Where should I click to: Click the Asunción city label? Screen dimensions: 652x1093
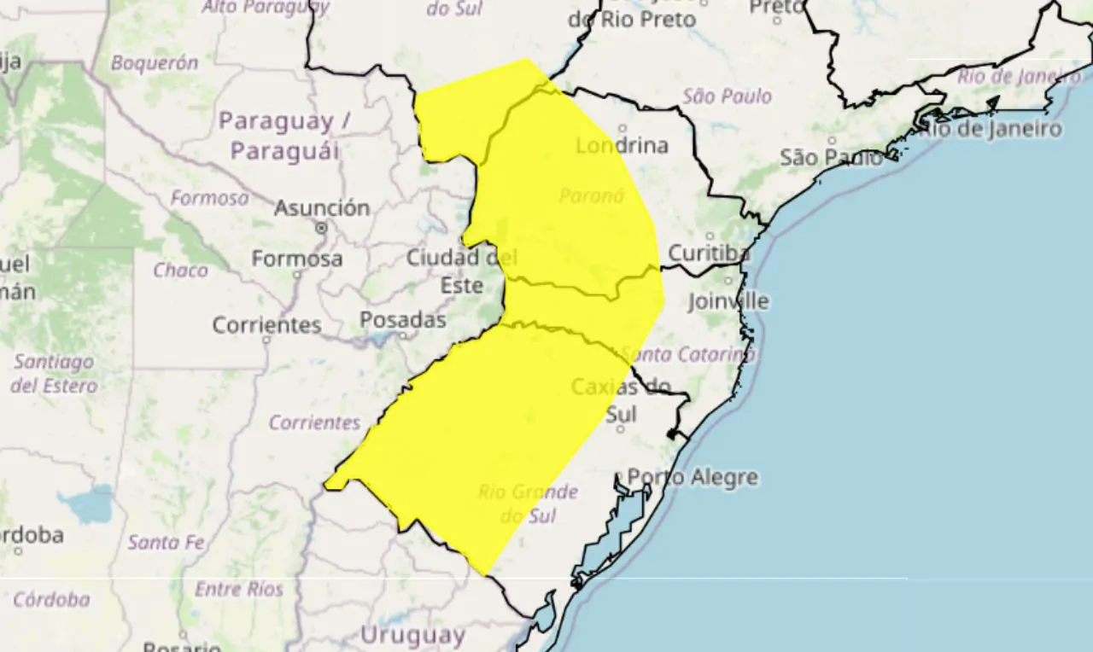322,207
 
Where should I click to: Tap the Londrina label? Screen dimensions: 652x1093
622,146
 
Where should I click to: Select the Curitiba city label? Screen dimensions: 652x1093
709,253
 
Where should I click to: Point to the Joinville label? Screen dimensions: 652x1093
728,301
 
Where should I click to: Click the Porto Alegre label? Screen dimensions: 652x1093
693,477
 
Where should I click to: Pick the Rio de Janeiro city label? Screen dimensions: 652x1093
991,130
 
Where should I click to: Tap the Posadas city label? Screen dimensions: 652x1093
403,320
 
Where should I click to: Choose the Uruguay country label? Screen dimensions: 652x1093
412,635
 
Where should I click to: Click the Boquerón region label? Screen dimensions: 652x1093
155,63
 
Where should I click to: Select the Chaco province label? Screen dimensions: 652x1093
180,271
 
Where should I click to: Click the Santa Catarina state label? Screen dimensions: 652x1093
688,353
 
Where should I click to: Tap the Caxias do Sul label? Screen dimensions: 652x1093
621,400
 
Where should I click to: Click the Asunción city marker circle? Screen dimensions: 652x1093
322,228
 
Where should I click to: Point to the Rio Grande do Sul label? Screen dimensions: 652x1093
528,504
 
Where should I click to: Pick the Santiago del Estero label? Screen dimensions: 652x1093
53,374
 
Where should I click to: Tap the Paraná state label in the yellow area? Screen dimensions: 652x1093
592,196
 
